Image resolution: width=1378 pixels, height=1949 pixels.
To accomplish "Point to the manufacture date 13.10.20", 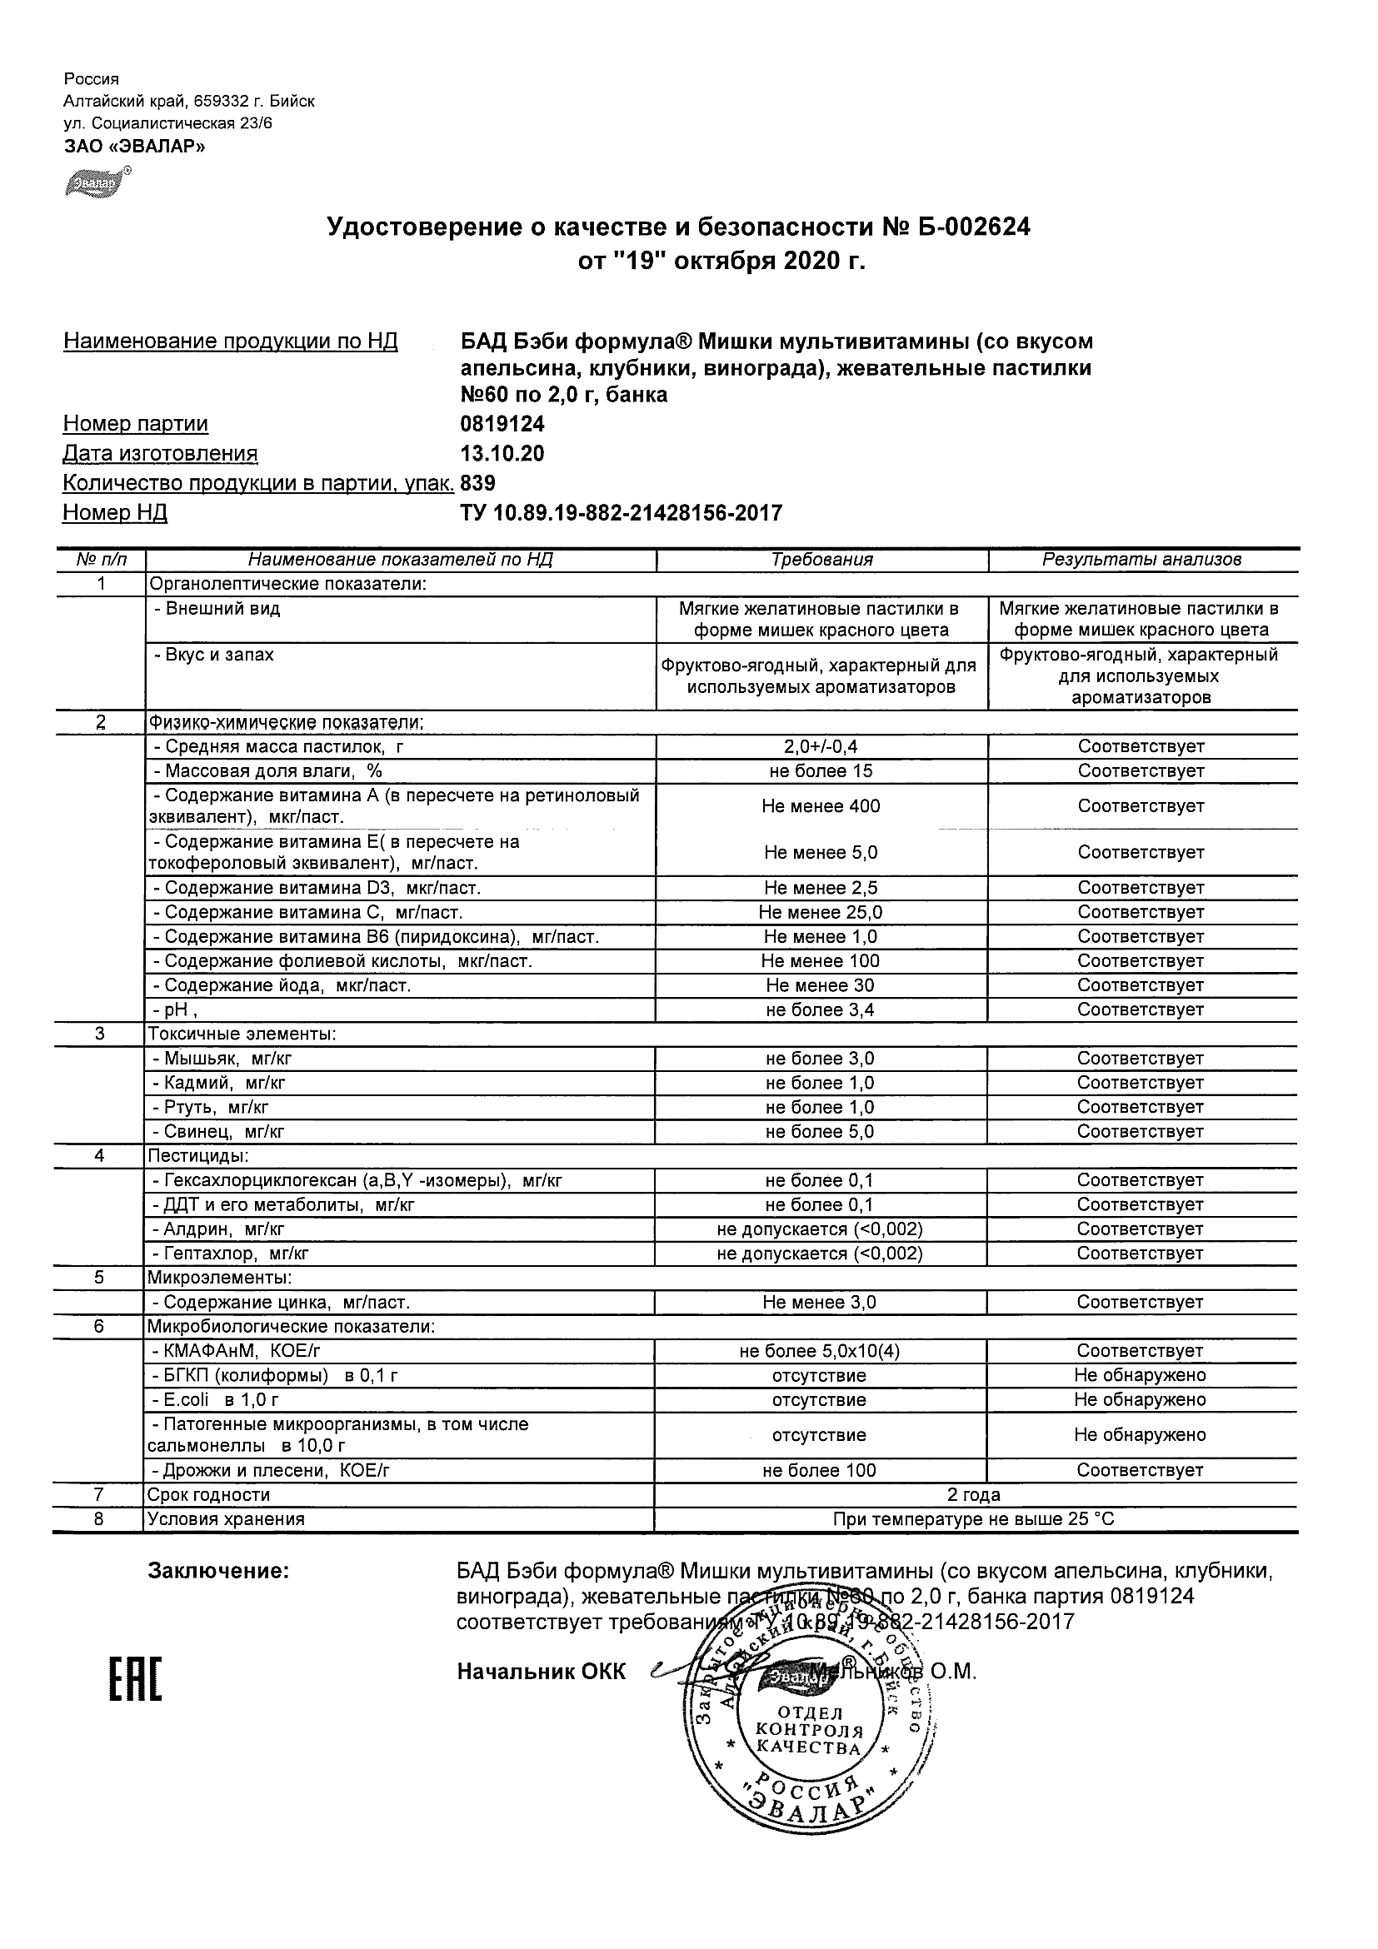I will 502,453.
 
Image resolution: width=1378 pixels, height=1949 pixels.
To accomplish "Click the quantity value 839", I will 478,483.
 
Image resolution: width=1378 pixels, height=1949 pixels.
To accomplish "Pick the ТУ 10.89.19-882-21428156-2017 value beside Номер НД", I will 621,513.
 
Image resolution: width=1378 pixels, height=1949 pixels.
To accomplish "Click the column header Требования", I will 821,560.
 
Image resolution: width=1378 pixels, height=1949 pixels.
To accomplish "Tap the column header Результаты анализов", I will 1141,560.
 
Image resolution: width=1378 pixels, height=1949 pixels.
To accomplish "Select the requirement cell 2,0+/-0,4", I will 820,747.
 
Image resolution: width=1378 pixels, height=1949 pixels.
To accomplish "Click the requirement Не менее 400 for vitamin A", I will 820,806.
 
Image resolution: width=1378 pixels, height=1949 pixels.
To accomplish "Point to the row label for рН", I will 175,1010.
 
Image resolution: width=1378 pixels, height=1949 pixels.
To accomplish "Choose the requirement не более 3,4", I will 819,1010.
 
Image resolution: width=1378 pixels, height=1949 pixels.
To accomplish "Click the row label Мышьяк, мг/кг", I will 222,1059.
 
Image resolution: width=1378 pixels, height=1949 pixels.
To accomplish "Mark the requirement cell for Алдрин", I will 819,1229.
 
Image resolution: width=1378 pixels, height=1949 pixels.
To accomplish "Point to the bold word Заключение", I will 218,1570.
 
